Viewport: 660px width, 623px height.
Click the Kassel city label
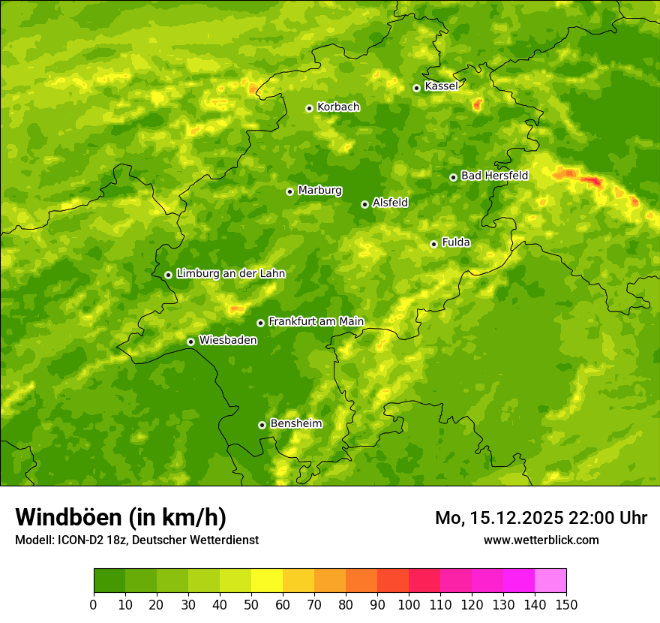click(441, 86)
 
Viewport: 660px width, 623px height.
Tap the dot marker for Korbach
click(309, 108)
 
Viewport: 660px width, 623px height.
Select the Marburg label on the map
click(319, 191)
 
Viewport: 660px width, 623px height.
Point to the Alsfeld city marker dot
click(364, 204)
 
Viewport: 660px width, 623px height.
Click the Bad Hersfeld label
click(494, 176)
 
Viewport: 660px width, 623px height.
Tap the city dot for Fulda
click(433, 244)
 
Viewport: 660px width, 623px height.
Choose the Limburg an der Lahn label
click(230, 274)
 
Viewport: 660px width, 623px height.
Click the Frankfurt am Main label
click(316, 321)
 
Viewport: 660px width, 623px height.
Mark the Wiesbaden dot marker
click(191, 342)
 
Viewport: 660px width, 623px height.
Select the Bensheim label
click(295, 423)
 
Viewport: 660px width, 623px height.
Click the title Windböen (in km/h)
click(121, 517)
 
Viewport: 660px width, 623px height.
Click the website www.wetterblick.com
click(541, 540)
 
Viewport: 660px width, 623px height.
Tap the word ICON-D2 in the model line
click(78, 540)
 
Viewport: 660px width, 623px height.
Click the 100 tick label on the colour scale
click(409, 605)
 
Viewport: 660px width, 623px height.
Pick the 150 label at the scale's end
click(566, 605)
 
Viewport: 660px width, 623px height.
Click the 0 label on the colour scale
click(94, 605)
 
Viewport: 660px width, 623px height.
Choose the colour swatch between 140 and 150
click(550, 581)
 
